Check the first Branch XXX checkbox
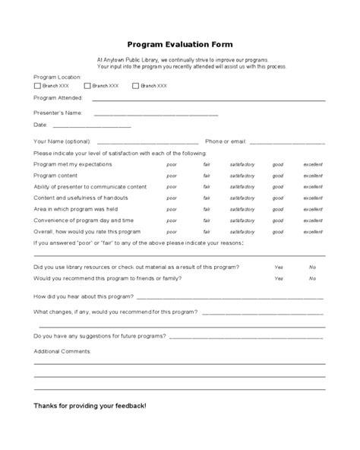[38, 85]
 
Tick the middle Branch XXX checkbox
[87, 85]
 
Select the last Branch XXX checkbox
[135, 85]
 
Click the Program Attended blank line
[209, 100]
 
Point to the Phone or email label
[226, 141]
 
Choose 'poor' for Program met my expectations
[172, 164]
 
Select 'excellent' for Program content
[313, 176]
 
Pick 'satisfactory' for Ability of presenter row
[242, 186]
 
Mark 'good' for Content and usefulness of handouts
[278, 198]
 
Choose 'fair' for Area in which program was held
[207, 209]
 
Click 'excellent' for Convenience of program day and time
[313, 220]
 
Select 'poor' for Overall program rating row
[172, 231]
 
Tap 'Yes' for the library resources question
[279, 267]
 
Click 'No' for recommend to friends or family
[312, 278]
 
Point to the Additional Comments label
[62, 351]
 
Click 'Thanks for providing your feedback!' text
[90, 406]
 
